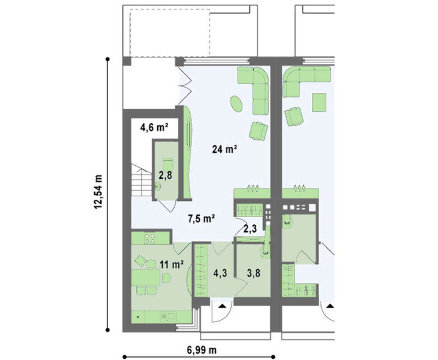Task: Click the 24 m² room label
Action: pos(225,149)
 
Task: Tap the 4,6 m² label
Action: pos(154,127)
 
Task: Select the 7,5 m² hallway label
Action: pos(201,219)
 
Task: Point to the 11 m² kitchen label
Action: pos(172,264)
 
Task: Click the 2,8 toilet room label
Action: pos(165,175)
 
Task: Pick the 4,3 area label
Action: pos(220,273)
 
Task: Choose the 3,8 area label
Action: pos(254,273)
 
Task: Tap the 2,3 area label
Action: pos(250,229)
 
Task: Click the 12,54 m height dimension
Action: pos(98,191)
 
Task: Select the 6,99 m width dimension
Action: pos(201,349)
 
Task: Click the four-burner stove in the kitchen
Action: pos(150,238)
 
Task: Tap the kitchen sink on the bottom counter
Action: pos(168,317)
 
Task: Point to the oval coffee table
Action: pos(237,104)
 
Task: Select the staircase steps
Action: pos(141,180)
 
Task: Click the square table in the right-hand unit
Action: pos(319,102)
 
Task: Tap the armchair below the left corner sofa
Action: pos(258,131)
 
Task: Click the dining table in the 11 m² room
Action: pos(145,277)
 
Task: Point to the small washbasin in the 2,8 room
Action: pos(158,186)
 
